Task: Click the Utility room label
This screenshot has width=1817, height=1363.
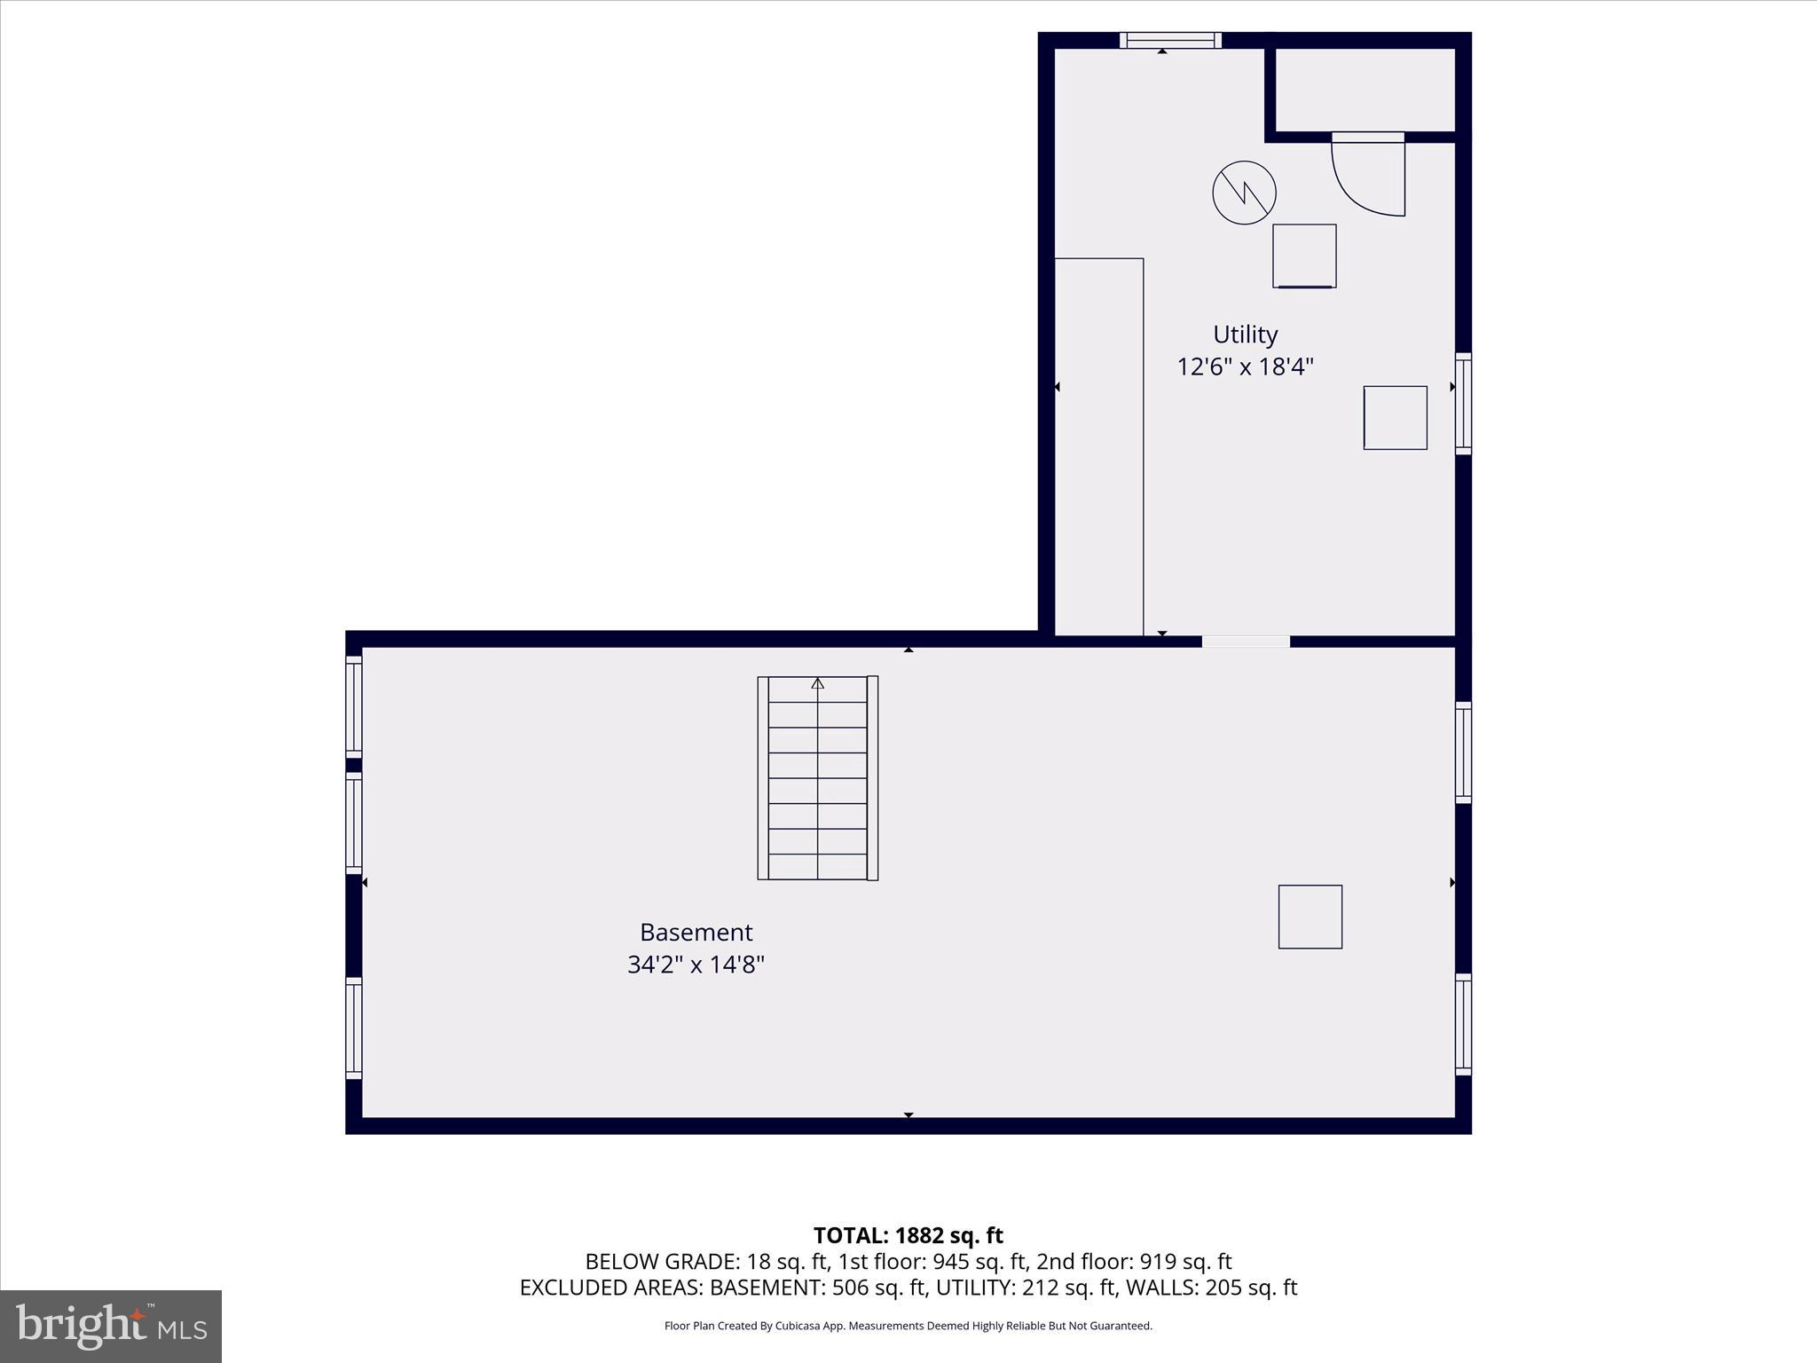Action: point(1245,335)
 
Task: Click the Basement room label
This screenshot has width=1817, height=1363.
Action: point(696,932)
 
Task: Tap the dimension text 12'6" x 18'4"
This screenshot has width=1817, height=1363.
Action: point(1245,366)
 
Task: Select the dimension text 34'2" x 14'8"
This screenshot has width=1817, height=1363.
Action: point(696,965)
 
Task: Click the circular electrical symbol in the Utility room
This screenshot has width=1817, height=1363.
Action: point(1244,193)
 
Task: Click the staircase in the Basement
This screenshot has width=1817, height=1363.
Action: point(817,778)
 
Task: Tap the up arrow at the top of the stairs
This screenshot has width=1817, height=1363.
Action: point(817,683)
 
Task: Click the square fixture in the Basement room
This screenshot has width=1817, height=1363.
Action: point(1310,917)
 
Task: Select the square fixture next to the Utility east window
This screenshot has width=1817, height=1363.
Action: point(1395,417)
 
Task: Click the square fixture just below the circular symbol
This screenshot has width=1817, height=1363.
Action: point(1304,256)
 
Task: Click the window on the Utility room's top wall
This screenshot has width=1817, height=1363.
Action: point(1170,40)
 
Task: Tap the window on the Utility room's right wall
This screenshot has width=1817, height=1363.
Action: point(1463,404)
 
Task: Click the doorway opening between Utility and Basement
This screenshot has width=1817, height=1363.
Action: point(1246,641)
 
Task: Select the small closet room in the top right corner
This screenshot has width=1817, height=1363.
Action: point(1365,89)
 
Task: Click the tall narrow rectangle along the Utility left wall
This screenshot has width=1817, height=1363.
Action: point(1098,446)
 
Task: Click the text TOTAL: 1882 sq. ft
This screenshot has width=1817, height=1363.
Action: point(908,1235)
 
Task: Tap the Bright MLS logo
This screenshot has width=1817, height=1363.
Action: point(111,1326)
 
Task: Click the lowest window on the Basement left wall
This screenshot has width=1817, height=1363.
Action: point(353,1028)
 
